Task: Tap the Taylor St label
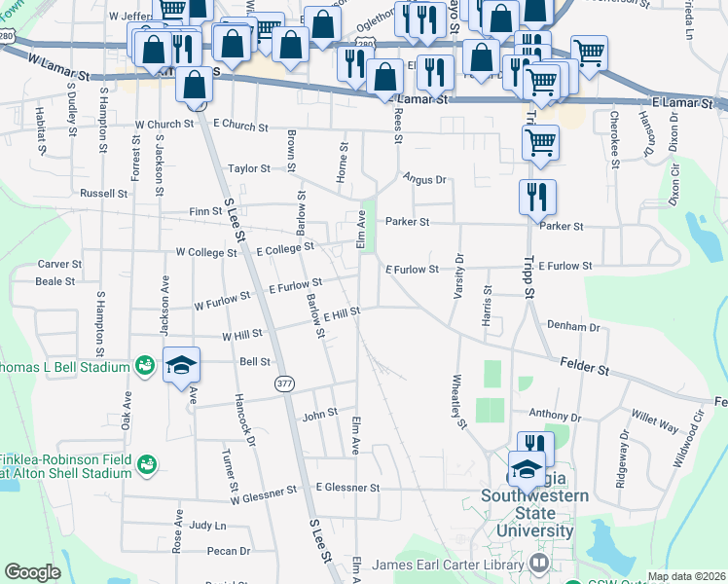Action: click(248, 168)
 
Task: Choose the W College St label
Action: click(206, 252)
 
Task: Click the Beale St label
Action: click(55, 281)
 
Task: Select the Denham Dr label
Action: click(573, 326)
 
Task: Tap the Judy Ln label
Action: click(208, 526)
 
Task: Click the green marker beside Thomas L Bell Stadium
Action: click(145, 365)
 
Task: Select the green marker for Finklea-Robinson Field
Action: click(146, 463)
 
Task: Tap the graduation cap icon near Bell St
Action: click(181, 365)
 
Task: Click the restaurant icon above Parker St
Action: click(536, 198)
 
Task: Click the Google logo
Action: click(32, 572)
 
